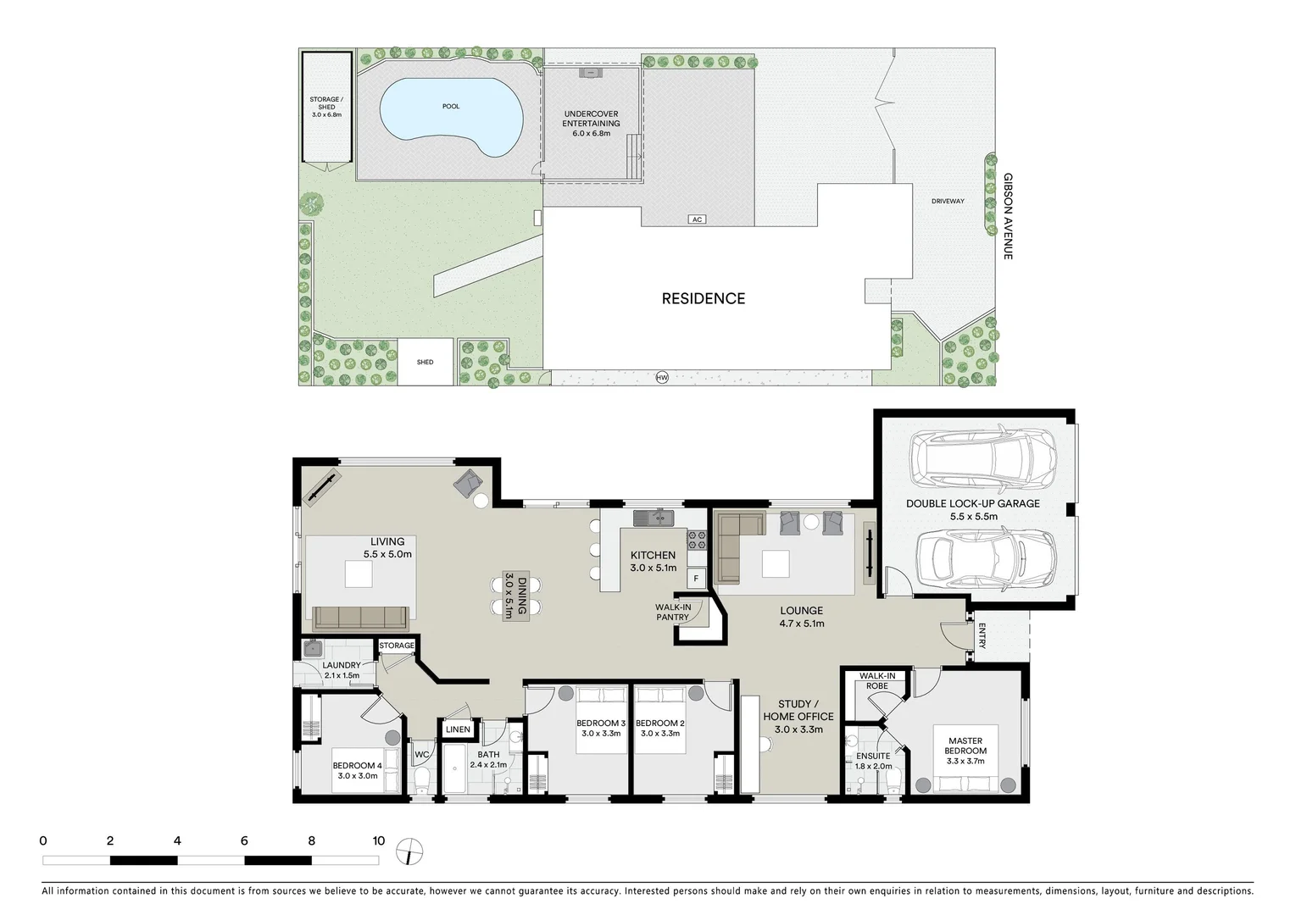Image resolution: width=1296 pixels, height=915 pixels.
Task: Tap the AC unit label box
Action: pos(697,219)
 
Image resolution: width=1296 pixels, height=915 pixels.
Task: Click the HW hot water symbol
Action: pos(662,377)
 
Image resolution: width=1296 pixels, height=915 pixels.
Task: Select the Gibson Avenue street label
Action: pos(1008,216)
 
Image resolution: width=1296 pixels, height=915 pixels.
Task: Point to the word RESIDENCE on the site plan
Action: pos(703,298)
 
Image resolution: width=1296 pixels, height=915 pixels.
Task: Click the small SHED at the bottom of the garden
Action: pos(425,362)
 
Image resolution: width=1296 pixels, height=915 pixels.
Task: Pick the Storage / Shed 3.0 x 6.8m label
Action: pos(326,107)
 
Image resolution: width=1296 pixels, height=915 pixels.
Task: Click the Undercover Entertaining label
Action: pos(591,124)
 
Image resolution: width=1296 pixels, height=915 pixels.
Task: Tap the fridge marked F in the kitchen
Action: pos(696,579)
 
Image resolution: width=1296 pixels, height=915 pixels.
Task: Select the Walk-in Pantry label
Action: pos(673,612)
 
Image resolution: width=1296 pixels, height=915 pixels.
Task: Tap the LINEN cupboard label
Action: pos(458,729)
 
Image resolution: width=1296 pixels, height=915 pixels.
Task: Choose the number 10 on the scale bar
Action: pos(378,841)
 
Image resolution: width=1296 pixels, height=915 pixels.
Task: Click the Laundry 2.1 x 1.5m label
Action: pos(341,670)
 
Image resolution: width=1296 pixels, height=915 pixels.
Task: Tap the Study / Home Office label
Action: pos(798,716)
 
